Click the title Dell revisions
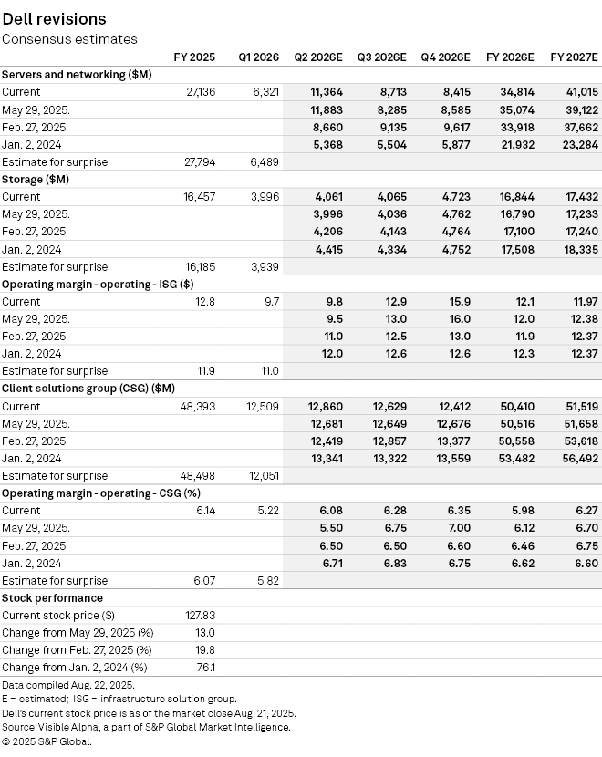pyautogui.click(x=54, y=18)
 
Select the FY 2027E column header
pyautogui.click(x=574, y=57)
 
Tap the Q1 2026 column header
pyautogui.click(x=259, y=57)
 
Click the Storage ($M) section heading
pyautogui.click(x=36, y=180)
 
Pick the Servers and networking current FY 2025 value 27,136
pyautogui.click(x=199, y=92)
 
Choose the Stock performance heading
pyautogui.click(x=52, y=598)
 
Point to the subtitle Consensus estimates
pyautogui.click(x=69, y=39)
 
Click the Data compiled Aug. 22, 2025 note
pyautogui.click(x=68, y=684)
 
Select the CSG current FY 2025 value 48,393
pyautogui.click(x=199, y=406)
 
